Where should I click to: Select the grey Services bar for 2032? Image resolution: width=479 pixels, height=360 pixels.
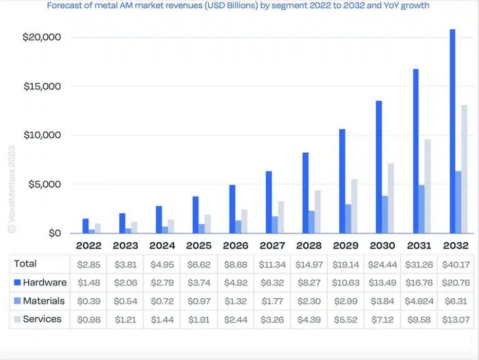[465, 169]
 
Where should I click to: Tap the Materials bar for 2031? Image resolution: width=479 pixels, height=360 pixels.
[422, 209]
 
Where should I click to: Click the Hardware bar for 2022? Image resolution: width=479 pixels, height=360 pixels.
[86, 226]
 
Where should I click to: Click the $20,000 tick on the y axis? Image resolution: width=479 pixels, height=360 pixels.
[42, 37]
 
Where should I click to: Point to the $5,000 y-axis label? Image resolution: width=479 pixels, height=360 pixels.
[42, 184]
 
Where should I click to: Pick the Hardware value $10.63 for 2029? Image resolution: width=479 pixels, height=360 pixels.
[344, 283]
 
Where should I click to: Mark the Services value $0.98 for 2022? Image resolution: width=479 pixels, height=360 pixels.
[88, 319]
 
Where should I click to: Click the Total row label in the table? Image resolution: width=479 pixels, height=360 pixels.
[26, 264]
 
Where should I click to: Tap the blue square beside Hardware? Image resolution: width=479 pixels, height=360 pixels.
[16, 283]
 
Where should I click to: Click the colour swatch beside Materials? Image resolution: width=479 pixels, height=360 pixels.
[16, 301]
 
